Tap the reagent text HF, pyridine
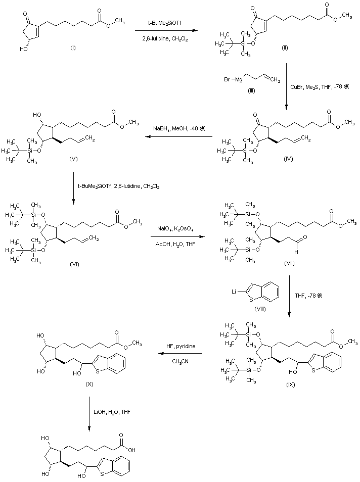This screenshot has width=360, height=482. click(181, 346)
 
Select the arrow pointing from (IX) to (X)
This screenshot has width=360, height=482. click(181, 353)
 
